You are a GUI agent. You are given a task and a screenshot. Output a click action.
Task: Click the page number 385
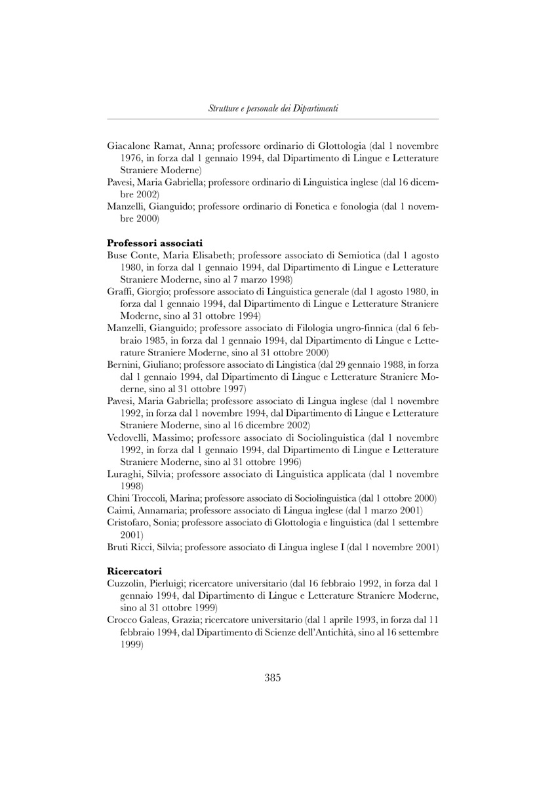click(x=273, y=678)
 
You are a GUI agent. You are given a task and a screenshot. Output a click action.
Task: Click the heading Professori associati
click(x=155, y=243)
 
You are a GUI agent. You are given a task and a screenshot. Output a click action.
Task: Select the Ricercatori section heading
click(x=134, y=571)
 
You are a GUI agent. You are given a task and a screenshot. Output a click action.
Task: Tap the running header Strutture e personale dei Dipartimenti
click(x=273, y=108)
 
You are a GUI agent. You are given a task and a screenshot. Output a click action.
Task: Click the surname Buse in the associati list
click(x=117, y=255)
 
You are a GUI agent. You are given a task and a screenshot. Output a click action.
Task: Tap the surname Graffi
click(x=120, y=292)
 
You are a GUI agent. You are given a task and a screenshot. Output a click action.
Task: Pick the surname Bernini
click(x=123, y=365)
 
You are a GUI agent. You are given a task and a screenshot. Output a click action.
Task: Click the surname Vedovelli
click(x=129, y=437)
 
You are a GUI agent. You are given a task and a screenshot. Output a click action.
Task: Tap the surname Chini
click(x=119, y=498)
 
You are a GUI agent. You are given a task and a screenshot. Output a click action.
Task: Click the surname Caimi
click(x=120, y=510)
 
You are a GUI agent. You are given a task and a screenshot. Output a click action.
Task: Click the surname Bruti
click(x=118, y=546)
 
